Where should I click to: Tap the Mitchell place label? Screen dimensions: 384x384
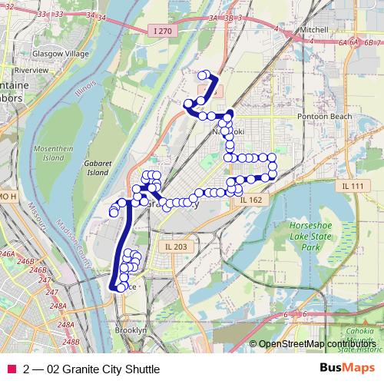point(313,28)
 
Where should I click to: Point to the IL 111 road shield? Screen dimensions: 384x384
point(354,186)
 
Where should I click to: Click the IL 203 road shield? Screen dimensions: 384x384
point(176,246)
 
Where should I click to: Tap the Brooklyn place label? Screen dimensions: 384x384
point(130,329)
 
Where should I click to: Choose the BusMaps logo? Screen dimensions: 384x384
point(348,368)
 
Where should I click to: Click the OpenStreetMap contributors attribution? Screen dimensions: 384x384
point(316,343)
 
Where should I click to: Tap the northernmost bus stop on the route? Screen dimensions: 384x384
point(205,74)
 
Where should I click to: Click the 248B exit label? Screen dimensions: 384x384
point(71,342)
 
